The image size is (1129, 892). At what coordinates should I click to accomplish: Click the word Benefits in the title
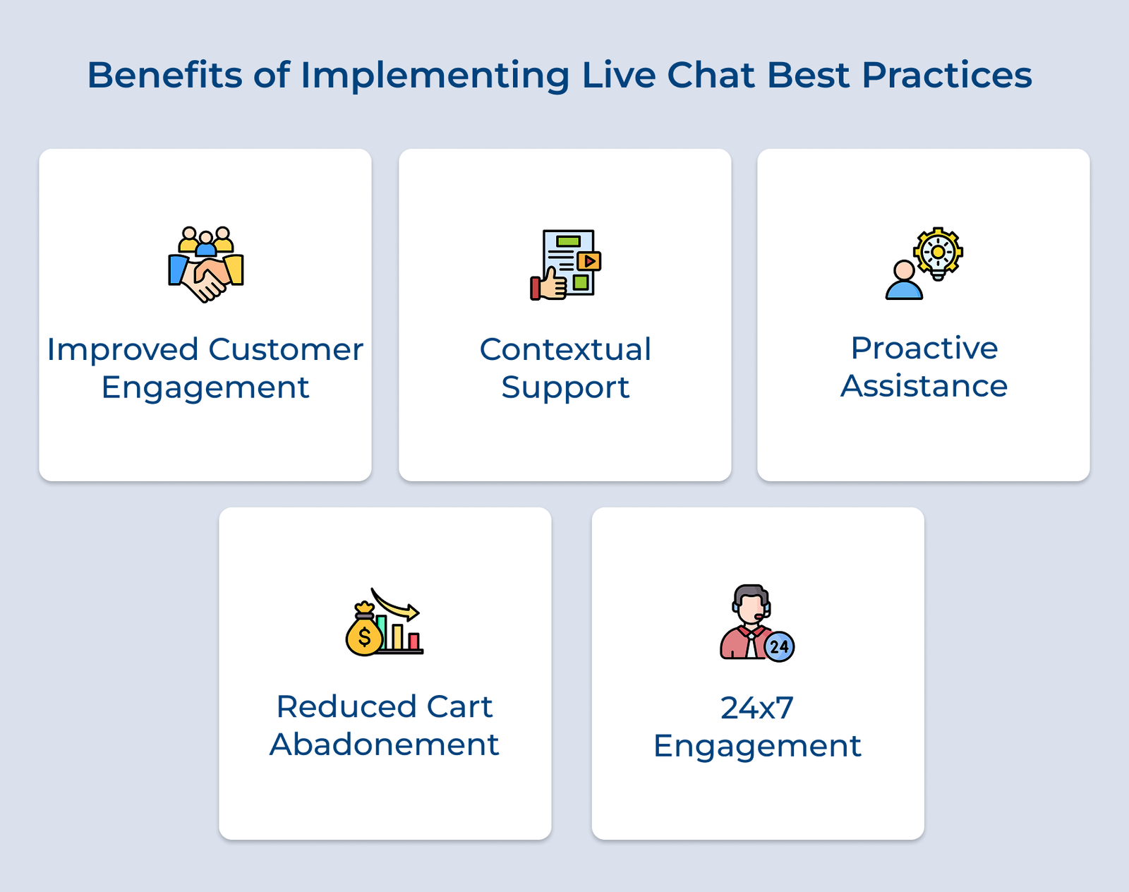[x=164, y=75]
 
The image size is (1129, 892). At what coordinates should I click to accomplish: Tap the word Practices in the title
[x=946, y=75]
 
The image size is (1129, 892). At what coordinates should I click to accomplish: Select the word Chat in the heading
[x=711, y=75]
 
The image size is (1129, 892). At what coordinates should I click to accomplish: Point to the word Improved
[x=122, y=350]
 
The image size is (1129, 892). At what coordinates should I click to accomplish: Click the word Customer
[x=286, y=350]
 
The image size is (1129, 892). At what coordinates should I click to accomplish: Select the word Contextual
[x=565, y=350]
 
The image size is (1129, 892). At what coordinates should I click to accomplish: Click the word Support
[x=565, y=387]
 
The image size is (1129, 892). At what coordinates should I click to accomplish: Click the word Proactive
[x=924, y=349]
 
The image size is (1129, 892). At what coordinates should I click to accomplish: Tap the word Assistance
[x=924, y=386]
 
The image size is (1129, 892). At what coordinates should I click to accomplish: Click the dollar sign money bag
[x=363, y=633]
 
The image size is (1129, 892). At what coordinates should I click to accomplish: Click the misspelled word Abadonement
[x=385, y=745]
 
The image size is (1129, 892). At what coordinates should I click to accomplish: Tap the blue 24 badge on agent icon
[x=779, y=646]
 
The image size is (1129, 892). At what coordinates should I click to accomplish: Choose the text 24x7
[x=757, y=709]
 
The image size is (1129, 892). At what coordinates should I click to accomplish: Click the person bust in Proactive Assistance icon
[x=904, y=282]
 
